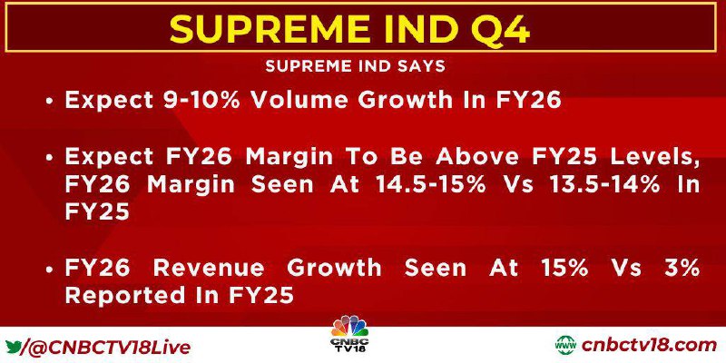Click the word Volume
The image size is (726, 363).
294,100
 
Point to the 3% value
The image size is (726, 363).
684,268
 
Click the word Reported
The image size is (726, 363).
123,296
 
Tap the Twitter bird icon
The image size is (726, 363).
14,346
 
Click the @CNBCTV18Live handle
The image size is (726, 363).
107,347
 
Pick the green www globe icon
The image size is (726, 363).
565,346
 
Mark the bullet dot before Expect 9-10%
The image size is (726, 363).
49,101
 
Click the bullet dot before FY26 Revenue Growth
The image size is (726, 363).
49,269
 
